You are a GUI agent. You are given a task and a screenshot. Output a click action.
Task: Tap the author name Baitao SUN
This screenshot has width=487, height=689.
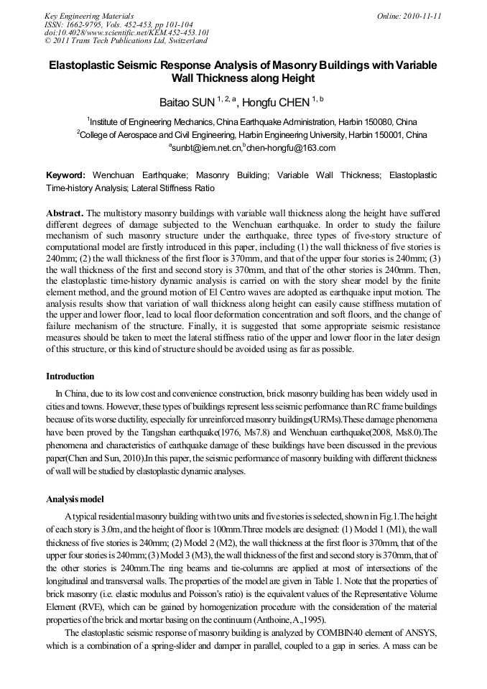click(x=183, y=102)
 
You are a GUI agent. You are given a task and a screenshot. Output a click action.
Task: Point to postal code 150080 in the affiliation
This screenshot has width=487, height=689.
click(x=375, y=121)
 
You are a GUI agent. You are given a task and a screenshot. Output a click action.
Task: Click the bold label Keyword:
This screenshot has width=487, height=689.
click(x=66, y=175)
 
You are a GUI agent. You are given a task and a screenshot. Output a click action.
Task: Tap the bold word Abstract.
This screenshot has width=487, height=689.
click(x=65, y=213)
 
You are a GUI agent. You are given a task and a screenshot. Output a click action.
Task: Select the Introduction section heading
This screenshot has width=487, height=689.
click(x=70, y=376)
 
